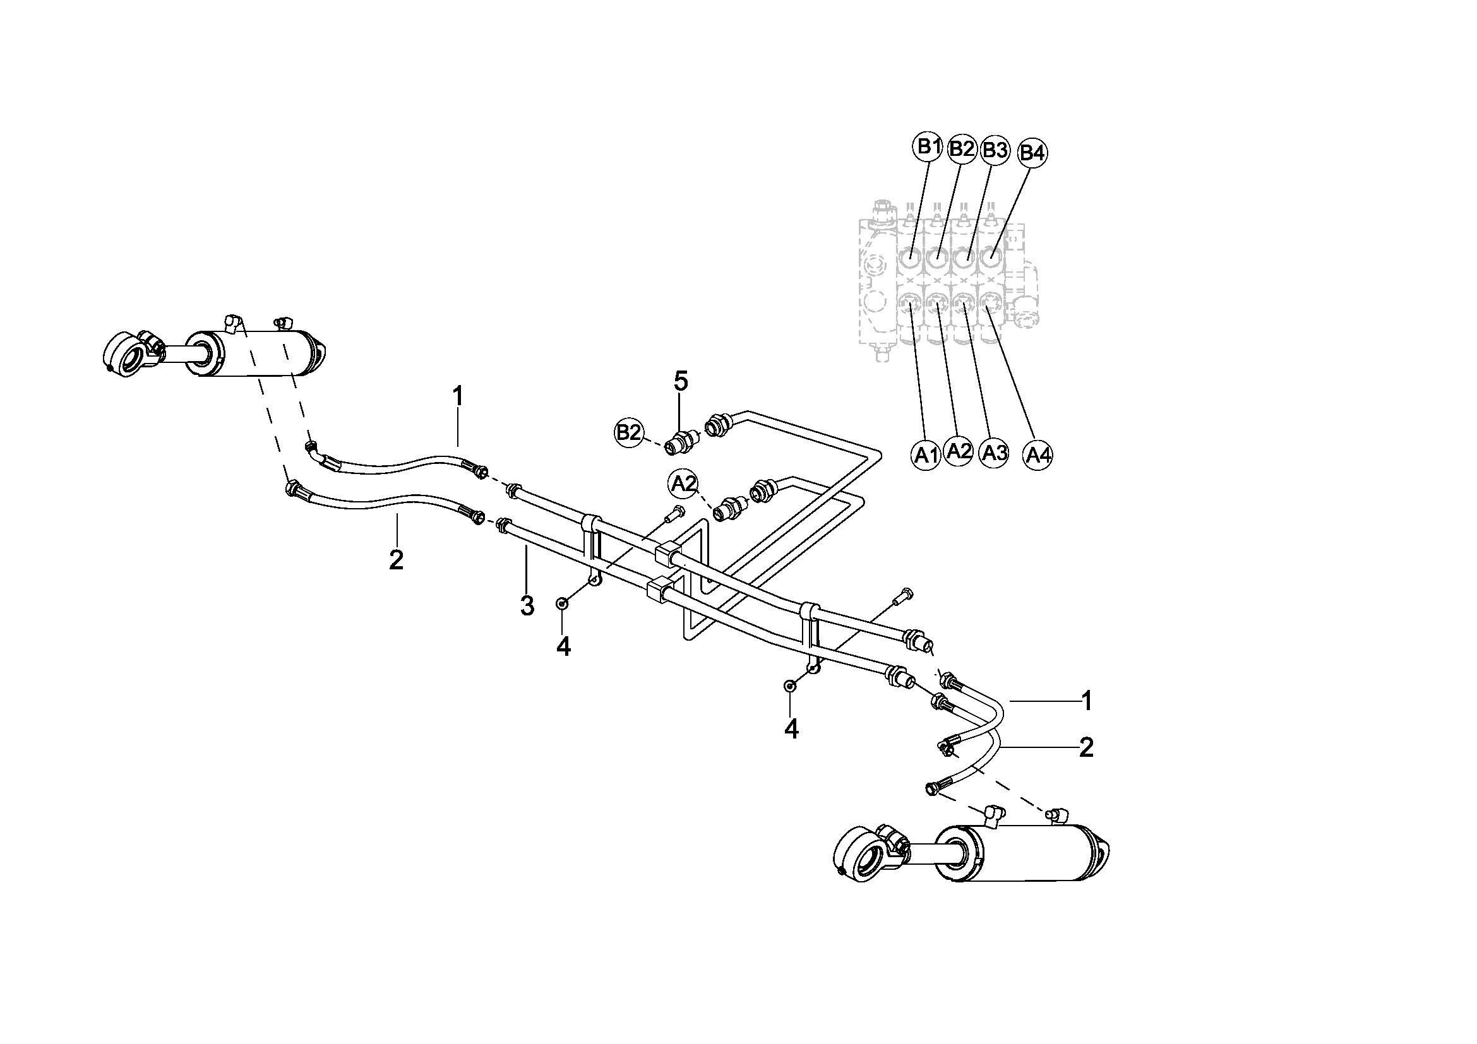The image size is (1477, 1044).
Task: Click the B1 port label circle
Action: tap(927, 147)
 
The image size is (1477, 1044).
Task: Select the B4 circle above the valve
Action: tap(1032, 152)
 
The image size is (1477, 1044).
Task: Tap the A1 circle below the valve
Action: tap(926, 456)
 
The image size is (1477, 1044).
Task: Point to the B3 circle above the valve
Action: tap(995, 150)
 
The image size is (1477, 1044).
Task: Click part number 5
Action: tap(681, 382)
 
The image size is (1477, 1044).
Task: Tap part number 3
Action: tap(527, 605)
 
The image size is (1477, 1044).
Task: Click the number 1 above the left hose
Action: tap(457, 396)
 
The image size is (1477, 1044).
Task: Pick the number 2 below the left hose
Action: tap(397, 559)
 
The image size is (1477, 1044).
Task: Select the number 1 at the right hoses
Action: tap(1087, 701)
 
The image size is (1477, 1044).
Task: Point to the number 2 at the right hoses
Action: tap(1086, 747)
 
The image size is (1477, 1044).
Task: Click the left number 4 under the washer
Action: tap(563, 647)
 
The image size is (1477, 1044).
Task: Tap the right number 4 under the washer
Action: tap(791, 729)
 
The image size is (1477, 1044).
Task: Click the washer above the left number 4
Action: tap(563, 603)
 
